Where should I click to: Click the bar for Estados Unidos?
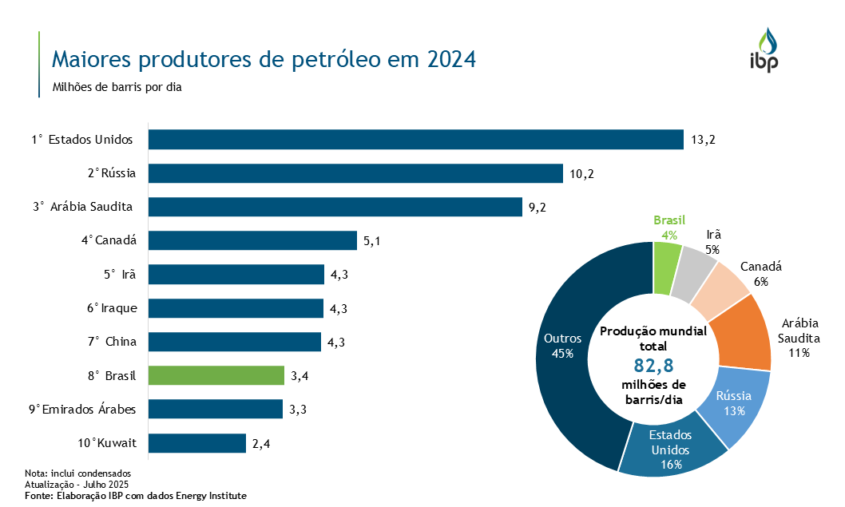coord(415,140)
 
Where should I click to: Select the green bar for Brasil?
coord(216,375)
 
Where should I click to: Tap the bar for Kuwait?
coord(197,443)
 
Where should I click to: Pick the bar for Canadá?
coord(252,240)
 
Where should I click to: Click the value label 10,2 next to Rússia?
coord(581,174)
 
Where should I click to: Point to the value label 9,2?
coord(538,208)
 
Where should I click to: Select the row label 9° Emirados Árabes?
coord(82,410)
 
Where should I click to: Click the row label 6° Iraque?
coord(112,308)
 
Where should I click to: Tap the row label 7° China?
coord(113,342)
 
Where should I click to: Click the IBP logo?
coord(764,50)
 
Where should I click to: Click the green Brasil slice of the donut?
coord(667,267)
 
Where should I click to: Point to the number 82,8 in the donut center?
coord(653,366)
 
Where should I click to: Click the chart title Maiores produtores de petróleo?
coord(264,60)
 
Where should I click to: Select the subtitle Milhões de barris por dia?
coord(117,88)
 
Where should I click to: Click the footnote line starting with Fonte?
coord(136,496)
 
